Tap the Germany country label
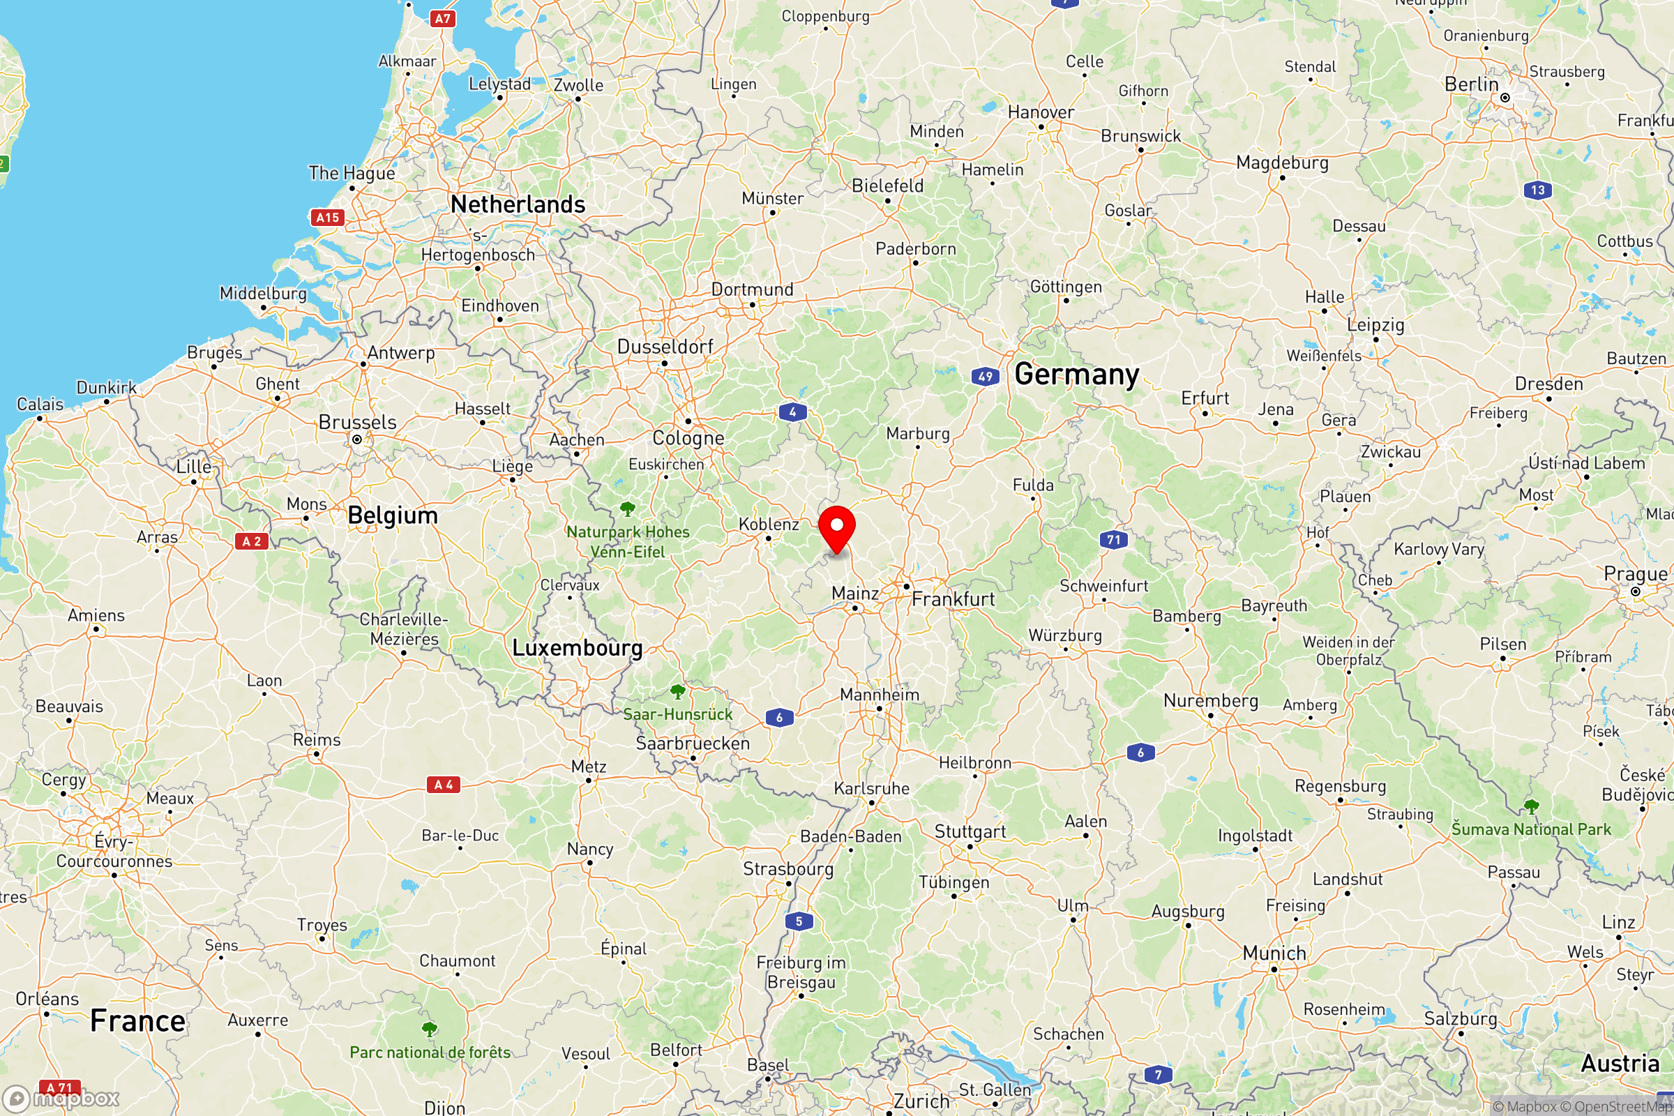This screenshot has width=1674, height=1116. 1076,375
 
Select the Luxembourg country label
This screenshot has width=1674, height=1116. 578,648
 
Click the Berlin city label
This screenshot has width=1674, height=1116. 1471,84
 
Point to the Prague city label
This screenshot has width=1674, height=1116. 1635,573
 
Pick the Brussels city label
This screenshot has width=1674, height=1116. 357,422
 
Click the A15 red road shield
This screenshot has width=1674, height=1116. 327,218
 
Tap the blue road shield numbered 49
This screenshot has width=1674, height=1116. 985,377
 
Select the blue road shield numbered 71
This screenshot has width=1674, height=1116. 1114,539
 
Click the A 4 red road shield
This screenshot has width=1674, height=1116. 444,784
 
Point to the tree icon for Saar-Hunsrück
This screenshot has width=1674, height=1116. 677,691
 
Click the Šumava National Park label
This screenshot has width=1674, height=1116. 1531,829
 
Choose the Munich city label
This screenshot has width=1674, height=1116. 1274,953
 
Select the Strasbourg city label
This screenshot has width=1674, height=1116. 788,869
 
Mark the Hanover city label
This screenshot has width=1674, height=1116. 1041,112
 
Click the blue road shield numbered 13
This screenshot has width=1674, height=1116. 1537,190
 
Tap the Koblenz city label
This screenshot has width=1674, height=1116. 769,525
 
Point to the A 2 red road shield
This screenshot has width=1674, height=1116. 251,542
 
